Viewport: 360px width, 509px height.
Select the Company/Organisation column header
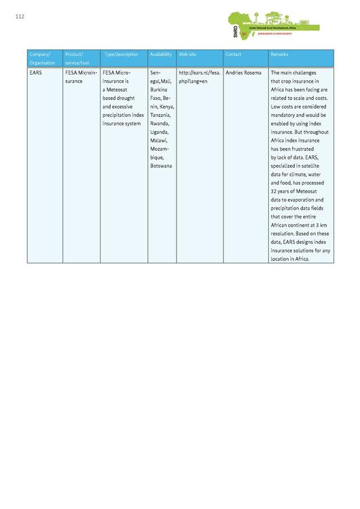(42, 58)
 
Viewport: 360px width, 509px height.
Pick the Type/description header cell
(121, 54)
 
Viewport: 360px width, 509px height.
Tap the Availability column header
(160, 54)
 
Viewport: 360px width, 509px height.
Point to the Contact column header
(233, 54)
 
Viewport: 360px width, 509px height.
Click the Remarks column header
(279, 54)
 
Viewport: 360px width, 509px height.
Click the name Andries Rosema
(243, 72)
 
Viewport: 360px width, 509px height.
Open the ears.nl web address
(199, 76)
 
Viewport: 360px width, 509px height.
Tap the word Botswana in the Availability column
(162, 166)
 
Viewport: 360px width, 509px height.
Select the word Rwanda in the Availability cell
(160, 124)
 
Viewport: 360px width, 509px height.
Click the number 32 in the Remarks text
(274, 191)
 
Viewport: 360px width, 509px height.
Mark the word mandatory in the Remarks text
(285, 115)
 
